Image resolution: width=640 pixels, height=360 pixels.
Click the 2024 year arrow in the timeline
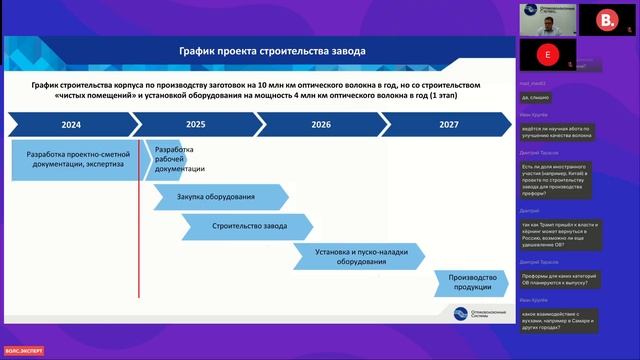[x=71, y=125]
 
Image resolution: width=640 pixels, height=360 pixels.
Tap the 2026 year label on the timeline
[x=321, y=125]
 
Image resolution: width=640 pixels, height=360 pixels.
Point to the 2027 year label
[x=449, y=125]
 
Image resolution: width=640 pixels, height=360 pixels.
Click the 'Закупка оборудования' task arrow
[x=216, y=197]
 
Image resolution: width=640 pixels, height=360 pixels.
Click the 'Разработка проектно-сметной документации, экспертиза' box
[x=76, y=161]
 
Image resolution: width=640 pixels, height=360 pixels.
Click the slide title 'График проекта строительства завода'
[x=272, y=50]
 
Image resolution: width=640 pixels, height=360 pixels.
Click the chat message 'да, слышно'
[x=537, y=97]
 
